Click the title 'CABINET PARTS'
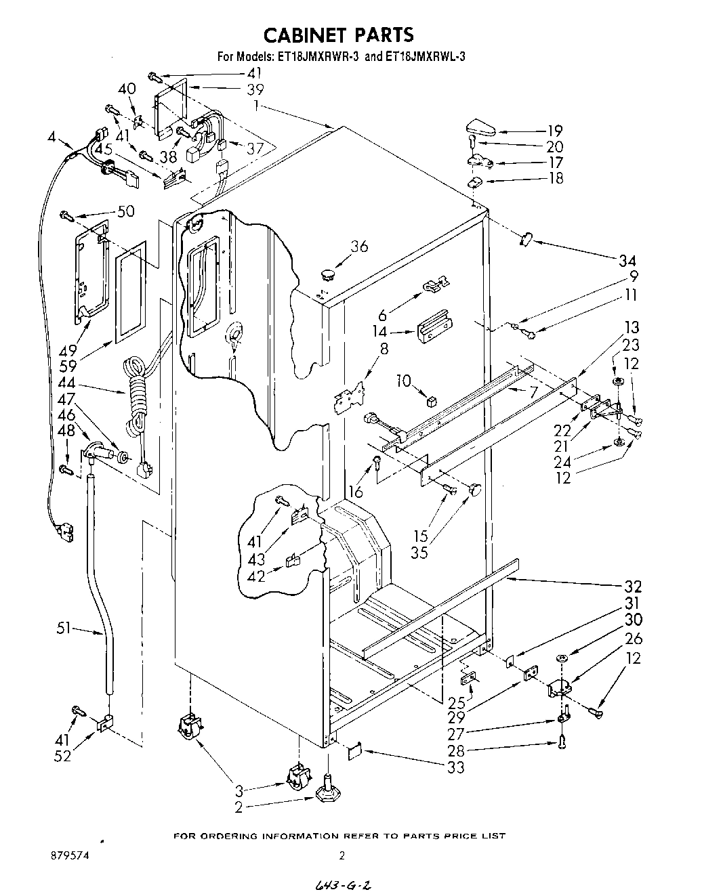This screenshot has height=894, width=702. [337, 34]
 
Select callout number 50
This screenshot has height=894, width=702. [126, 211]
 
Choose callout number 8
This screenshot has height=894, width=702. [384, 349]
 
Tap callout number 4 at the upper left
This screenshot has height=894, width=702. [52, 136]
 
